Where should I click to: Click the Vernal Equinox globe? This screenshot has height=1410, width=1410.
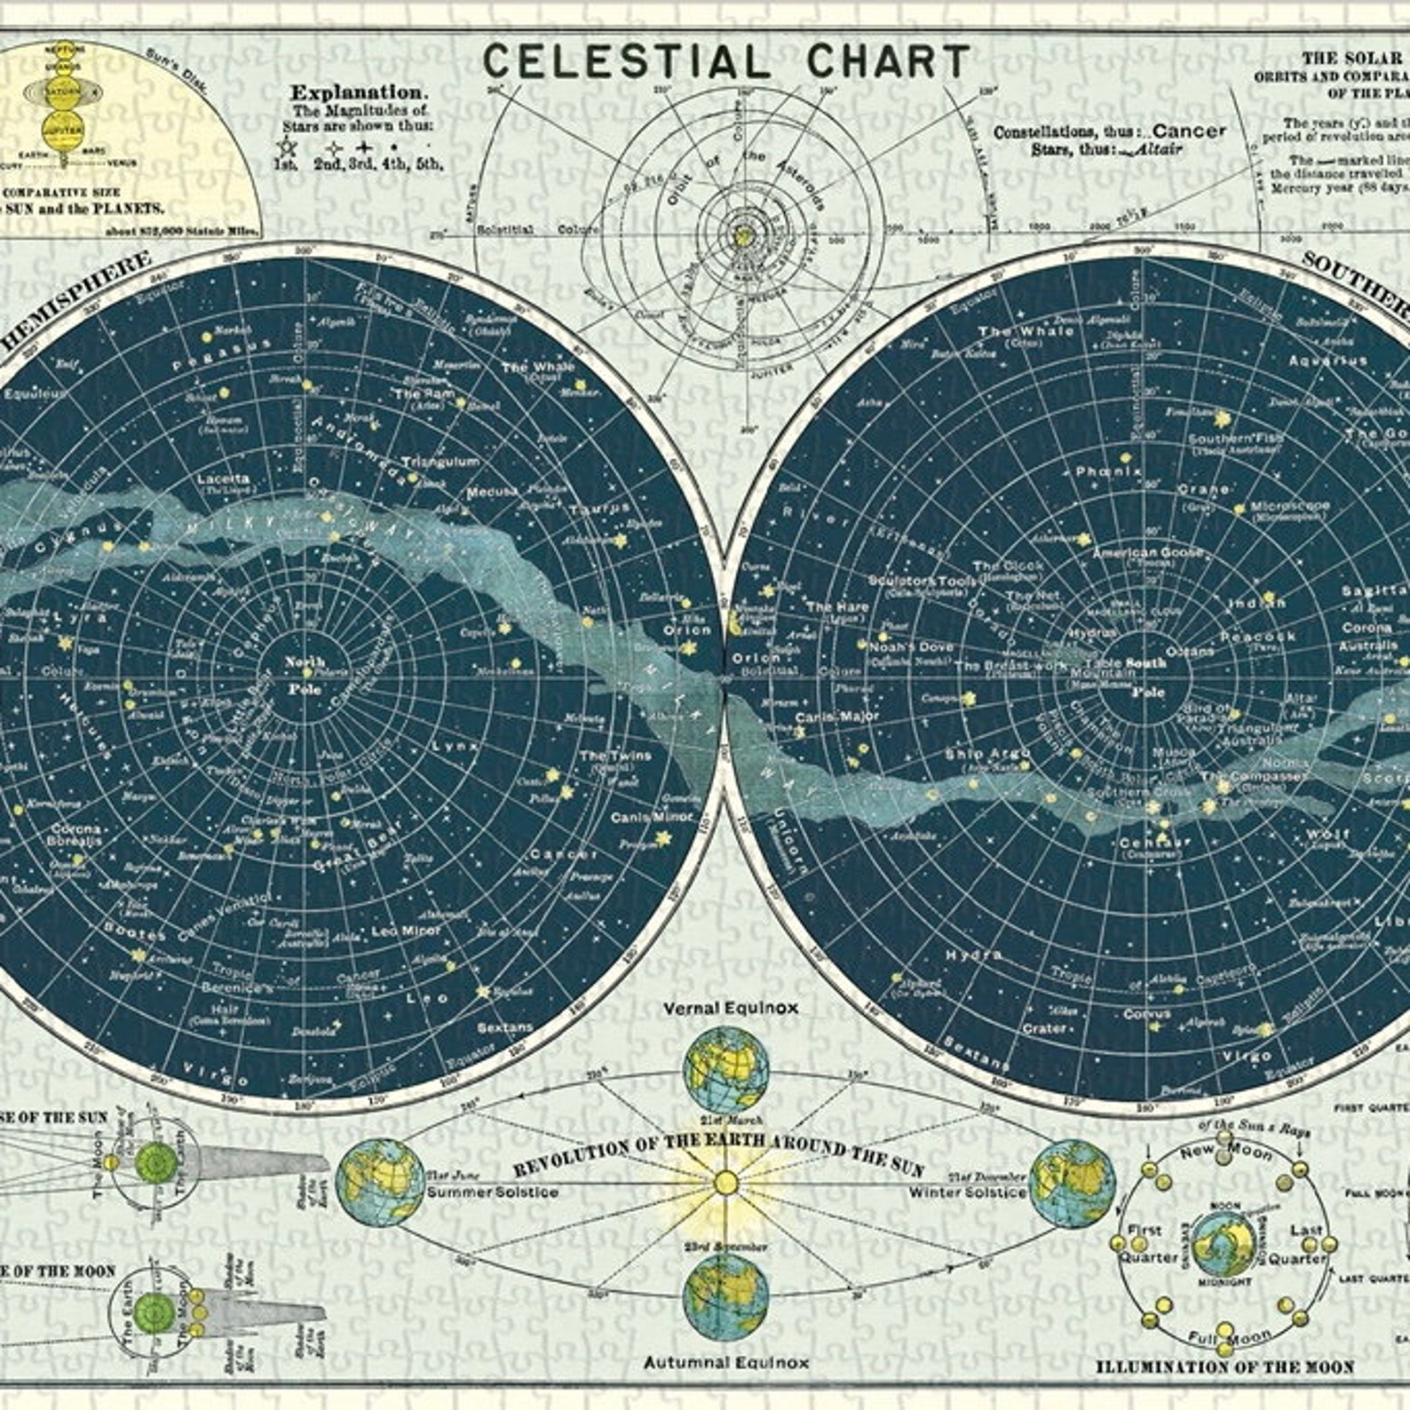(726, 1069)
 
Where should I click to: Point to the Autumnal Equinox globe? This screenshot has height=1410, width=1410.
(726, 1295)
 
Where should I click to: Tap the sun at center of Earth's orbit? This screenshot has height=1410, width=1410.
(726, 1183)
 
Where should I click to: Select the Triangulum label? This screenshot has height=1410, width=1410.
(440, 463)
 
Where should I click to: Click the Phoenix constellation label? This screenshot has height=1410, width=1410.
(1108, 471)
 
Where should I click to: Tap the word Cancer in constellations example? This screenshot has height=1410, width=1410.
(1189, 131)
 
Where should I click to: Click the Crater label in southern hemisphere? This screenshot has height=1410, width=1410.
(1044, 1028)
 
